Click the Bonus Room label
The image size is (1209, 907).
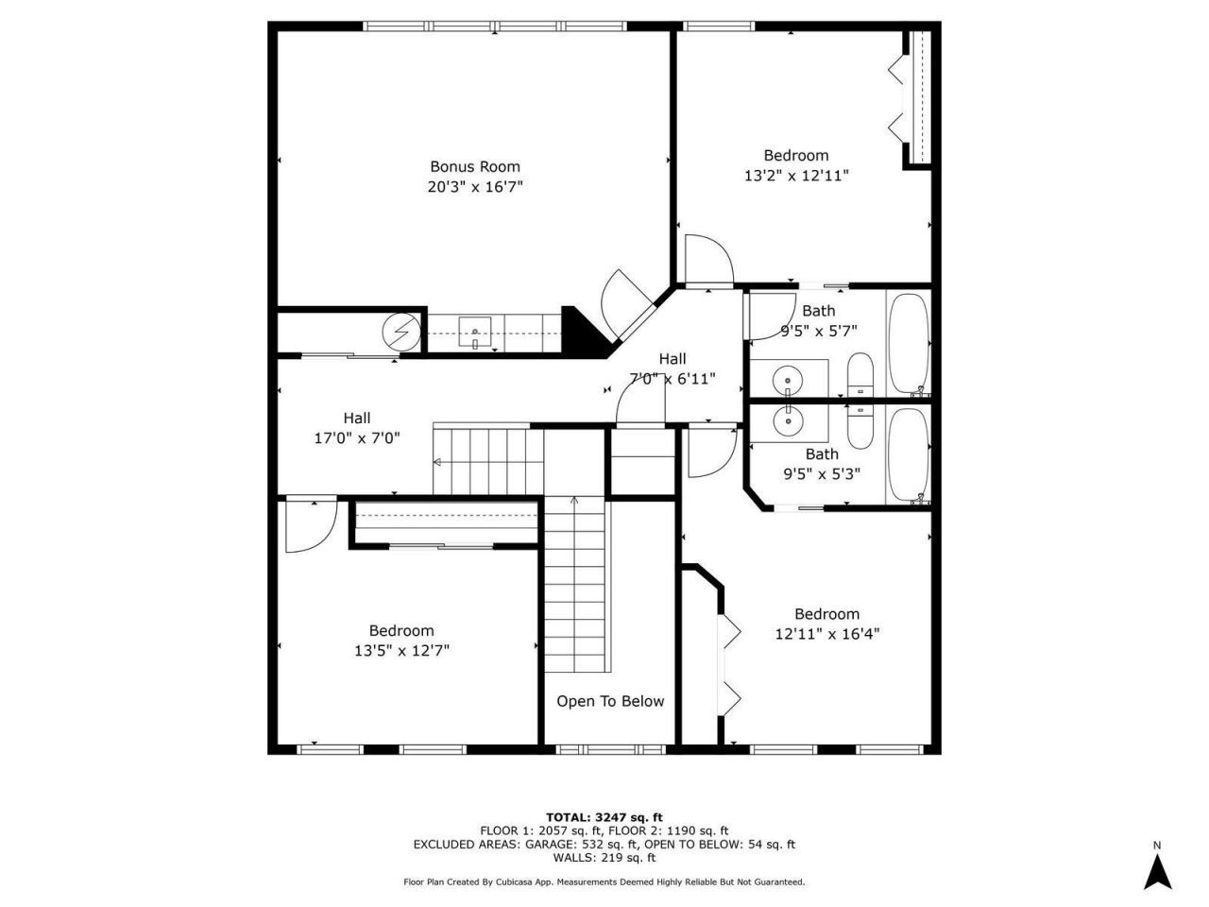click(x=475, y=166)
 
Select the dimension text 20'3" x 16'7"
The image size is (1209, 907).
click(x=475, y=187)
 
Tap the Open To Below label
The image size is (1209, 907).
click(x=609, y=701)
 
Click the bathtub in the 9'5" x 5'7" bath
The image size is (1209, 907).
click(x=909, y=344)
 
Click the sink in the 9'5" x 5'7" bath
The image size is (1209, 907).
click(x=788, y=380)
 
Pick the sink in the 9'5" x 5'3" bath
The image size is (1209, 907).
click(x=788, y=420)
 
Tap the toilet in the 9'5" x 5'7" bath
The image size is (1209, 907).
click(x=860, y=375)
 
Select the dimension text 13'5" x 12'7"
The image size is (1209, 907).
click(x=401, y=651)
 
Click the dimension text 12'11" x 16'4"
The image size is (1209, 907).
click(x=826, y=634)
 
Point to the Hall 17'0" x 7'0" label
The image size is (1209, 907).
click(x=357, y=428)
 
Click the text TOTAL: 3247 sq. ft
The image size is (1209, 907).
click(x=604, y=817)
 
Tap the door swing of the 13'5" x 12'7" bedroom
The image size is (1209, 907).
click(x=309, y=524)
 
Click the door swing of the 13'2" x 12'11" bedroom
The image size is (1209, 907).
click(x=707, y=259)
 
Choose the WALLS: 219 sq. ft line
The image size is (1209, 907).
click(x=604, y=858)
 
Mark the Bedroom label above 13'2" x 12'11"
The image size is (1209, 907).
click(x=796, y=155)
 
